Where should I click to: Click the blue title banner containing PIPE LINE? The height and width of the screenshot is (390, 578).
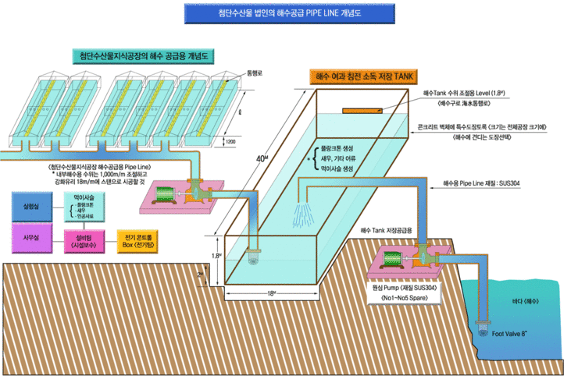tap(288, 12)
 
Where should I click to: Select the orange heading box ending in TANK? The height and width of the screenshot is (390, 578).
tap(365, 76)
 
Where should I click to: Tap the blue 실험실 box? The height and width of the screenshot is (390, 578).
tap(30, 206)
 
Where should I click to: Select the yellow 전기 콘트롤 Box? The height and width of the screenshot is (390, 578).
tap(137, 239)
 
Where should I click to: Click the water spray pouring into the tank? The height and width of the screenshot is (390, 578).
tap(307, 216)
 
